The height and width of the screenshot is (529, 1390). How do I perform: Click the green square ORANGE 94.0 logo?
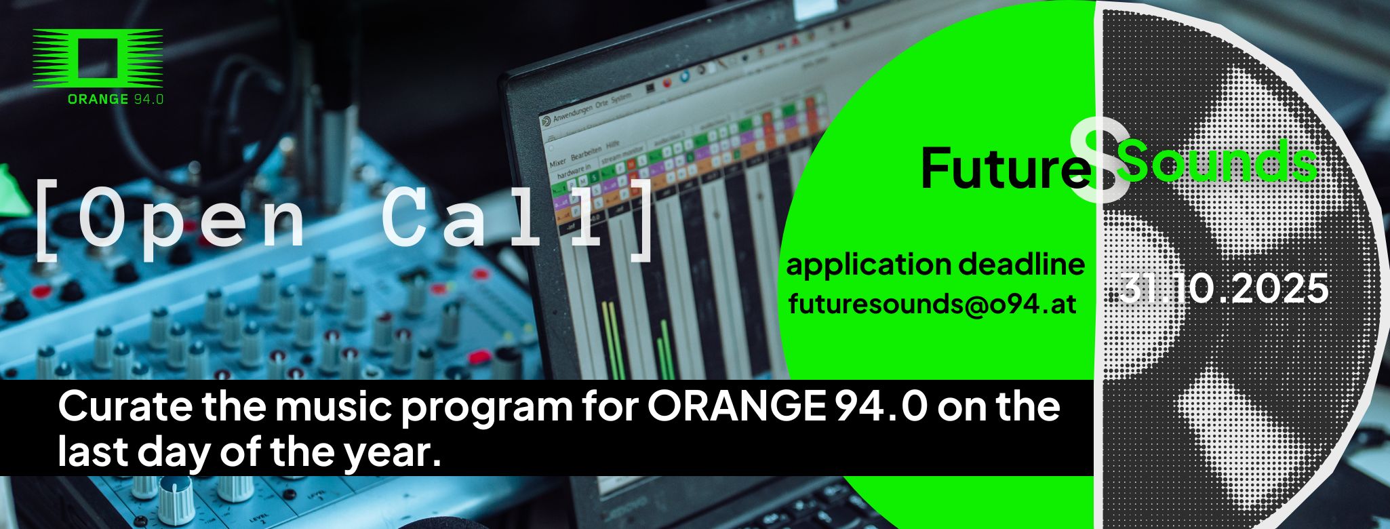tap(98, 58)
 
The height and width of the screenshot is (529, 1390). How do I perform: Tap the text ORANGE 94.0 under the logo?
tap(115, 100)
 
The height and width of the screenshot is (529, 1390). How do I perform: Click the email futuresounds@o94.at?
tap(933, 304)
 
